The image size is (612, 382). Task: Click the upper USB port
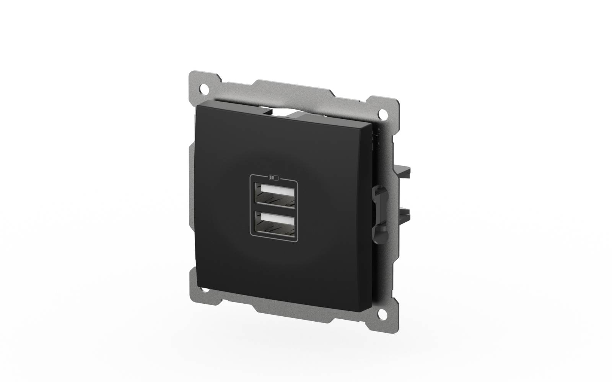click(x=274, y=197)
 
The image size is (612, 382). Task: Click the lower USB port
click(x=274, y=225)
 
